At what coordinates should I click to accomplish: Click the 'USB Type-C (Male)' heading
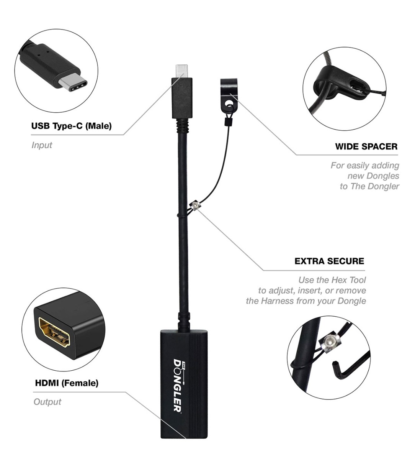tap(72, 126)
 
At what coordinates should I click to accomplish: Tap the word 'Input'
tap(42, 145)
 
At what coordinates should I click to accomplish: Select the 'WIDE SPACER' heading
tap(366, 146)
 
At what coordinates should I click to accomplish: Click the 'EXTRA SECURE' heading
tap(329, 261)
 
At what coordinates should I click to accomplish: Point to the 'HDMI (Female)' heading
tap(67, 383)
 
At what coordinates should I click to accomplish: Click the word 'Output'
tap(47, 402)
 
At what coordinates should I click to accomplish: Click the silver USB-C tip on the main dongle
tap(181, 71)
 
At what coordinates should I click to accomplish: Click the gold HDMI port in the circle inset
tap(54, 332)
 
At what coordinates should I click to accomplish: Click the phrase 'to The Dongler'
tap(369, 186)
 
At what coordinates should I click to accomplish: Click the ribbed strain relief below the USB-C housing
tap(182, 125)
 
